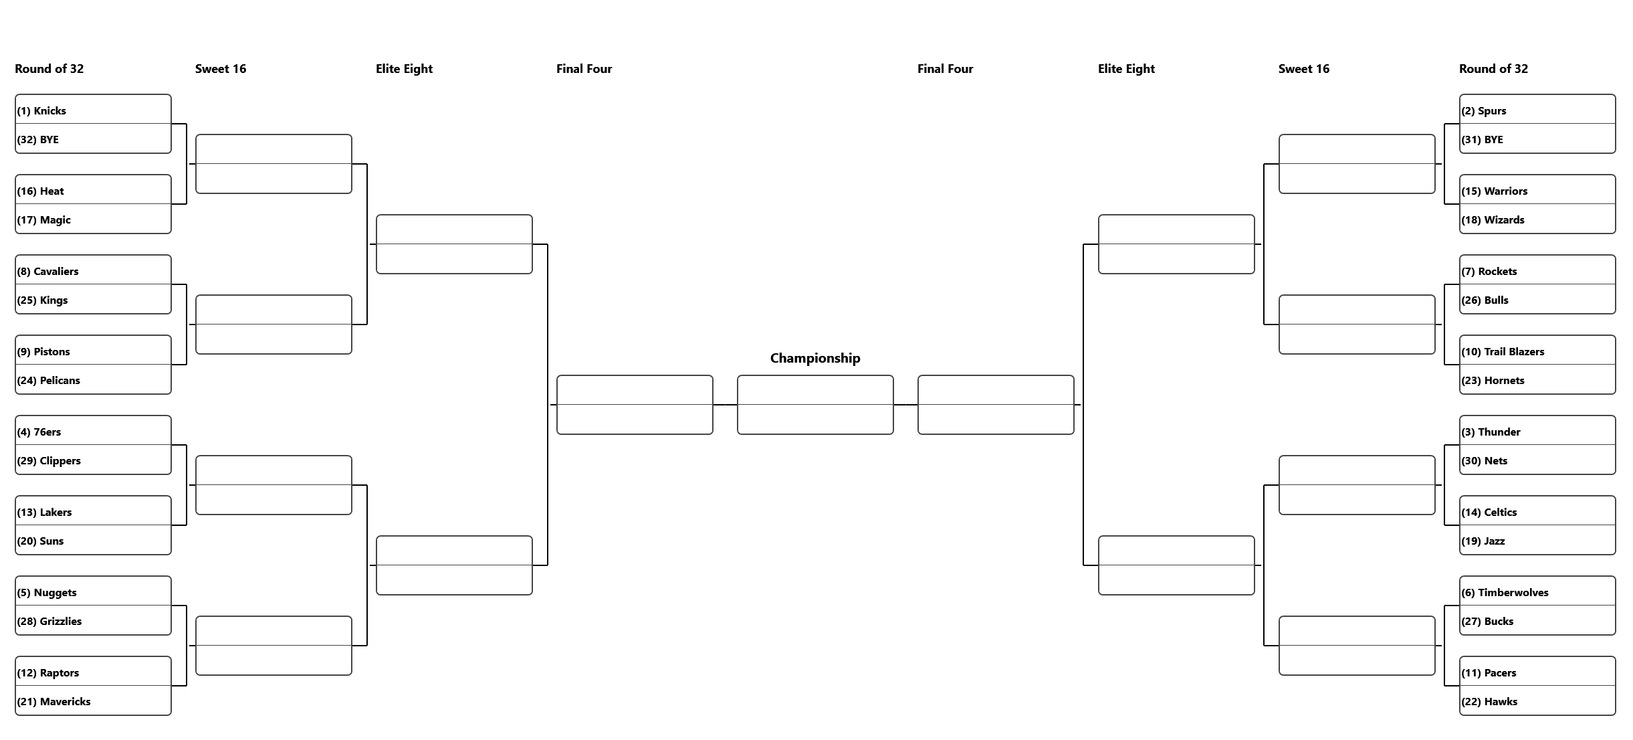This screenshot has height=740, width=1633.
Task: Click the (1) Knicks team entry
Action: point(41,111)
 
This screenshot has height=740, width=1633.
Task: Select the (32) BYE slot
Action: point(38,140)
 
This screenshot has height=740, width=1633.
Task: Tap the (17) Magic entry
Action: point(44,220)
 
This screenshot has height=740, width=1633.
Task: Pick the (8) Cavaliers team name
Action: point(48,272)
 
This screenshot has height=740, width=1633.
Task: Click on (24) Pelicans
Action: point(49,381)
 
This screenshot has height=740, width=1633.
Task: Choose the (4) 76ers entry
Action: point(39,432)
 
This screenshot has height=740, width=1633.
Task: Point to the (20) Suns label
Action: point(41,541)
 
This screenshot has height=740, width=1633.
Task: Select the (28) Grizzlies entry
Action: point(49,622)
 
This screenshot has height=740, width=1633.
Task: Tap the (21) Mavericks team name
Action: point(54,702)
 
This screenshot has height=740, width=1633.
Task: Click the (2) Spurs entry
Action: point(1484,111)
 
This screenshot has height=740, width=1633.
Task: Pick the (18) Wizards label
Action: point(1493,220)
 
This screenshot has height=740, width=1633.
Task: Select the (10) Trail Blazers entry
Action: point(1503,352)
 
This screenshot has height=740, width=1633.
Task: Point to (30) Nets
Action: point(1485,461)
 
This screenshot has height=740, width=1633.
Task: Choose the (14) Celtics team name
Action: point(1489,513)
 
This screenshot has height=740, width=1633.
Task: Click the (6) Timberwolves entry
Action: point(1505,593)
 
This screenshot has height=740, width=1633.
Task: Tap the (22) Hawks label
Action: point(1490,702)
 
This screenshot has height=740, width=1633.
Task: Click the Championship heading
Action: point(815,358)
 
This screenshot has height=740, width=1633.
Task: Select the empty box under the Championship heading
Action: point(815,405)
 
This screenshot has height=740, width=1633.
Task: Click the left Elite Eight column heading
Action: point(404,69)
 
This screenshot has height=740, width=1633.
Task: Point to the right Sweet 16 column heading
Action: point(1304,69)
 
